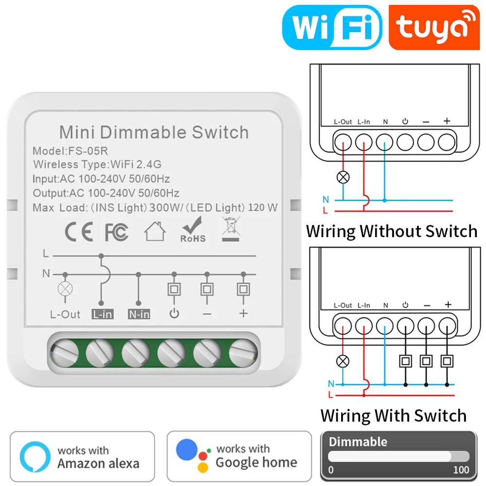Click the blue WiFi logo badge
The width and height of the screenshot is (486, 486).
[332, 28]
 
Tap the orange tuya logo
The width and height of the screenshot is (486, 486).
[434, 28]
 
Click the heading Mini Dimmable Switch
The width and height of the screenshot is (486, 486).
[154, 132]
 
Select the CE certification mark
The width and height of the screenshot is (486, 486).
[79, 233]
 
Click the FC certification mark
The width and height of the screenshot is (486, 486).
[117, 233]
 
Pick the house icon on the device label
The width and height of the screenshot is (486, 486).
[155, 231]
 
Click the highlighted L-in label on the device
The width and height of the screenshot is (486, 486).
[102, 314]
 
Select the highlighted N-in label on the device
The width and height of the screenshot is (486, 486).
[139, 314]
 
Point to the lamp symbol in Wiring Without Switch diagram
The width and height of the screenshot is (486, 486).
[343, 177]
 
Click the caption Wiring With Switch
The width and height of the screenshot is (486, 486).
[393, 416]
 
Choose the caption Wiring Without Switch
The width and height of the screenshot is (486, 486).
[392, 231]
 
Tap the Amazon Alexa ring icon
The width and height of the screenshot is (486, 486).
[35, 457]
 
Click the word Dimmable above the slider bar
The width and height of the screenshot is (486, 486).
[358, 442]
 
